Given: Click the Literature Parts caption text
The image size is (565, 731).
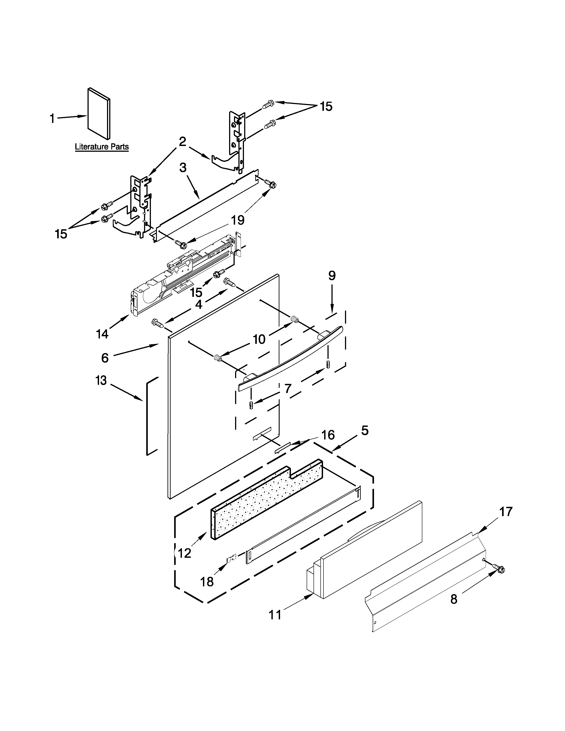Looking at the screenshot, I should click(101, 147).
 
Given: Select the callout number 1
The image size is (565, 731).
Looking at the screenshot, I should click(52, 119).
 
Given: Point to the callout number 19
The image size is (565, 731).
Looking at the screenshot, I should click(237, 220).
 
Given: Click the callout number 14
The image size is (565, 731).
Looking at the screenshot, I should click(102, 334).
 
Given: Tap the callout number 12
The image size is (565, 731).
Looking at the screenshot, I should click(184, 553).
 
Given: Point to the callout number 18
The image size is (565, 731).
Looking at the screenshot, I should click(207, 582).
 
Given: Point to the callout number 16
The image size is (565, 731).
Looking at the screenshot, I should click(328, 435).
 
